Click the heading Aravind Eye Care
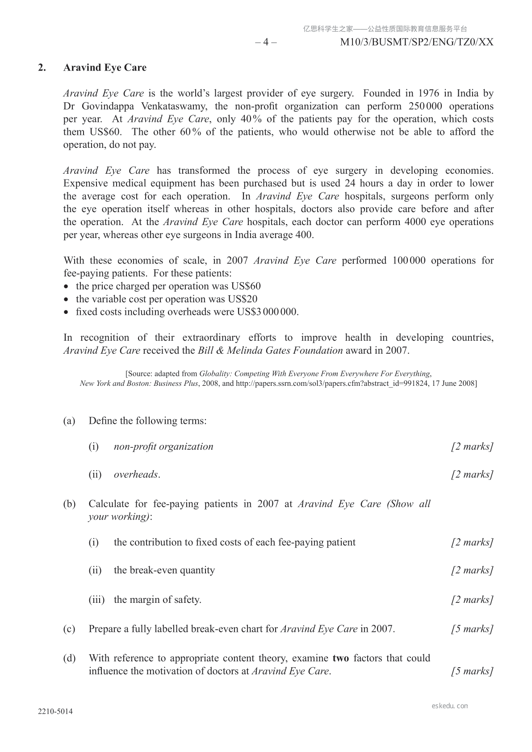(105, 67)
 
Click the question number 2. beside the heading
(42, 67)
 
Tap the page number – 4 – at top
(265, 42)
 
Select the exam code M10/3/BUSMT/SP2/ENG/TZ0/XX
(416, 42)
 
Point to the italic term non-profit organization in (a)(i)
(163, 447)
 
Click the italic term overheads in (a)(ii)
(136, 474)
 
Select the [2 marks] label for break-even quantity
(472, 570)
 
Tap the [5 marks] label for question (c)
(472, 629)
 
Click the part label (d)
(69, 658)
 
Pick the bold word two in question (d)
(340, 658)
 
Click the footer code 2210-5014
(55, 712)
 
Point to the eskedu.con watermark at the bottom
(450, 706)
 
